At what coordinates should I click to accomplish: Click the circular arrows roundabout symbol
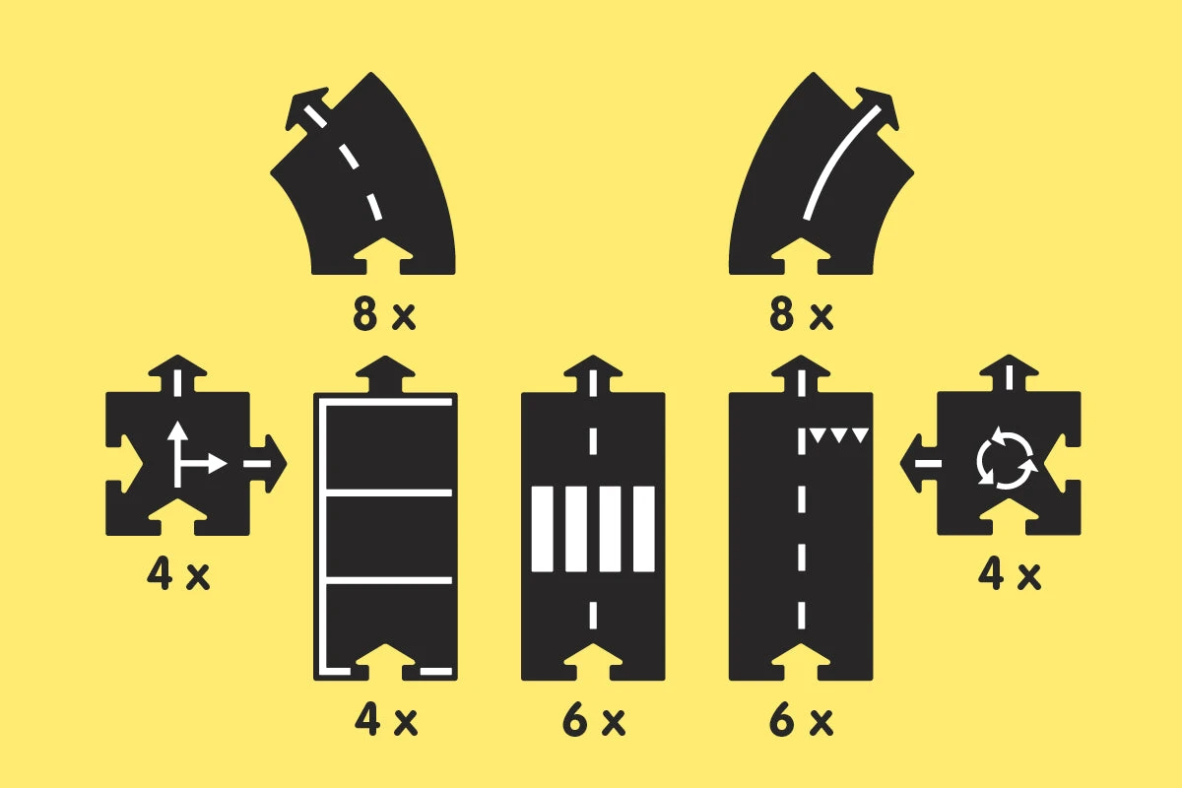click(x=1007, y=458)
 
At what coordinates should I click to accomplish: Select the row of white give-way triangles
click(x=839, y=436)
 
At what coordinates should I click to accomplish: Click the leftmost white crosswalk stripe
click(x=542, y=529)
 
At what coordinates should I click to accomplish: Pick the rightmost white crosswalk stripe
click(x=644, y=529)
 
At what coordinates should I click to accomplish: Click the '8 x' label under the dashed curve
click(x=384, y=315)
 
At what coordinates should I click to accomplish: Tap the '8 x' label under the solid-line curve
click(x=801, y=315)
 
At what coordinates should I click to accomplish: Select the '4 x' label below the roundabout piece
click(x=1009, y=574)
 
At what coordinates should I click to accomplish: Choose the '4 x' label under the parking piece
click(x=386, y=720)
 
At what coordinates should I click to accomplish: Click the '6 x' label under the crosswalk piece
click(x=594, y=720)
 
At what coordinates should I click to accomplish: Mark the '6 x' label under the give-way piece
click(x=801, y=720)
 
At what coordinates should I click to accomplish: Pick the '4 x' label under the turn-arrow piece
click(x=178, y=574)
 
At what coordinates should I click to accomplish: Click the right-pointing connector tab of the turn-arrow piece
click(x=268, y=464)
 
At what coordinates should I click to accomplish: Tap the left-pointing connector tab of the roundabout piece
click(x=919, y=463)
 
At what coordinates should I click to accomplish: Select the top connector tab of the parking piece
click(x=385, y=374)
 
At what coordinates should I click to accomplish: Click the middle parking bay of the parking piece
click(x=389, y=537)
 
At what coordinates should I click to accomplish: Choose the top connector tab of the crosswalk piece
click(x=593, y=374)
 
